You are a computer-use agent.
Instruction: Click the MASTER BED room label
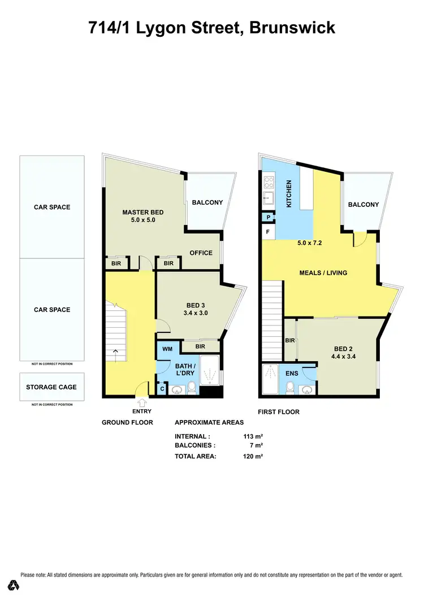click(139, 213)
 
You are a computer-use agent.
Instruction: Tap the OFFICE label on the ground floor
click(201, 253)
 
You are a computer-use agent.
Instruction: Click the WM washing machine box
click(167, 349)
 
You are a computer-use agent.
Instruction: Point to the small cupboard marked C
click(162, 389)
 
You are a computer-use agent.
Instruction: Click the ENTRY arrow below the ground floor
click(141, 402)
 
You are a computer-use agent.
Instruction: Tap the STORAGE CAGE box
click(51, 387)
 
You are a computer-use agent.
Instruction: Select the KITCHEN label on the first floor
click(289, 194)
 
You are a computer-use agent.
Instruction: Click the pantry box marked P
click(267, 217)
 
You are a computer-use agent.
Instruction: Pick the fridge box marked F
click(267, 232)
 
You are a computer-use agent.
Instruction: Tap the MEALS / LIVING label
click(323, 273)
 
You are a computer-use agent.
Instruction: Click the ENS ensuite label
click(292, 373)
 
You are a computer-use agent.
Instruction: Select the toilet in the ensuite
click(290, 388)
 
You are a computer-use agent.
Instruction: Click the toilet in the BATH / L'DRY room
click(192, 388)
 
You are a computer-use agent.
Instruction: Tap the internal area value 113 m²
click(253, 436)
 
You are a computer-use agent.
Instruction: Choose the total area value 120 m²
click(253, 456)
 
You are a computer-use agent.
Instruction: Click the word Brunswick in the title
click(293, 28)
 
